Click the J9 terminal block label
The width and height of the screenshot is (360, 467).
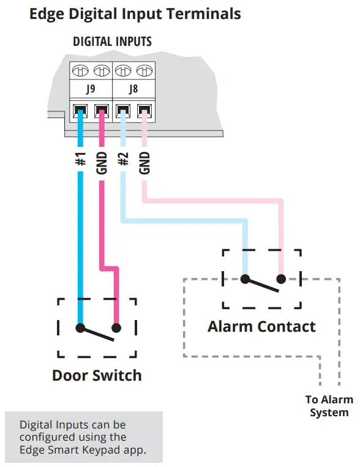[91, 89]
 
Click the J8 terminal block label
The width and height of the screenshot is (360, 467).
[133, 89]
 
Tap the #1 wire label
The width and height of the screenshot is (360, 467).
[81, 161]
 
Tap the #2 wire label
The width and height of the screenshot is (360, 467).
[123, 160]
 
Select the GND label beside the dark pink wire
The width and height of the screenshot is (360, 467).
[102, 162]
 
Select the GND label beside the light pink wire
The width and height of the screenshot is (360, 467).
[144, 162]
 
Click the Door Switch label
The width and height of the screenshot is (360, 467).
[97, 375]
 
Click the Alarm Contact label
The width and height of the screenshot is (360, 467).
[261, 326]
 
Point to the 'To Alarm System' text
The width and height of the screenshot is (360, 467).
[329, 406]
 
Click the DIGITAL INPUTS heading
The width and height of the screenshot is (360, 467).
[112, 42]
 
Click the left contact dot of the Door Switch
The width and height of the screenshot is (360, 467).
[80, 327]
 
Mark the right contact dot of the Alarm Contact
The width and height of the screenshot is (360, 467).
[281, 279]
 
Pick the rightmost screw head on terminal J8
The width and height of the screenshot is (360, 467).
[144, 70]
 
